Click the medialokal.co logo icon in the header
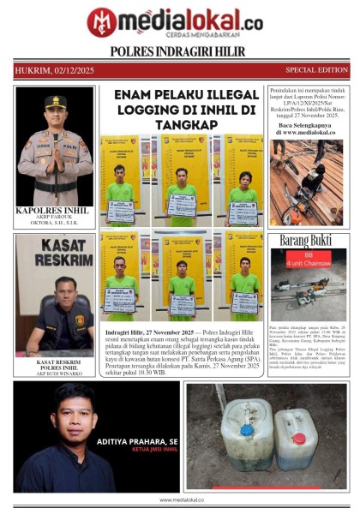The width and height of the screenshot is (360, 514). coord(102,21)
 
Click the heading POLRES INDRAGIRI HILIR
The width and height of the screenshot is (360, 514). coord(178,51)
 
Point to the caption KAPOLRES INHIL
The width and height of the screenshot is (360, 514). coord(54,209)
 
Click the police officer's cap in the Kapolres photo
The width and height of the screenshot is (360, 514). coord(56,101)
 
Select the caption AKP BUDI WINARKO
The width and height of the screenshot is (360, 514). coord(54,373)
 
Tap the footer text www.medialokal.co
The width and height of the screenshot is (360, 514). coord(180,499)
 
